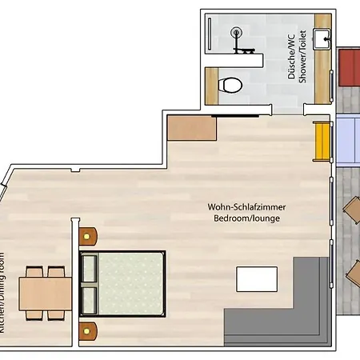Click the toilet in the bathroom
tap(232, 84)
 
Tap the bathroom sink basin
tap(323, 39)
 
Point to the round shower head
tap(236, 34)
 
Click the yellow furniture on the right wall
tap(322, 141)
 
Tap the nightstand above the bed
tap(87, 236)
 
